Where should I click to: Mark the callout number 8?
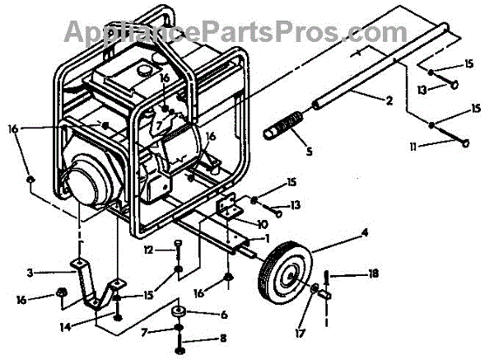point(221,339)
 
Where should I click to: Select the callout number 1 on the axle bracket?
point(266,237)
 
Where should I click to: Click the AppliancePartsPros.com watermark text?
point(231,33)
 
